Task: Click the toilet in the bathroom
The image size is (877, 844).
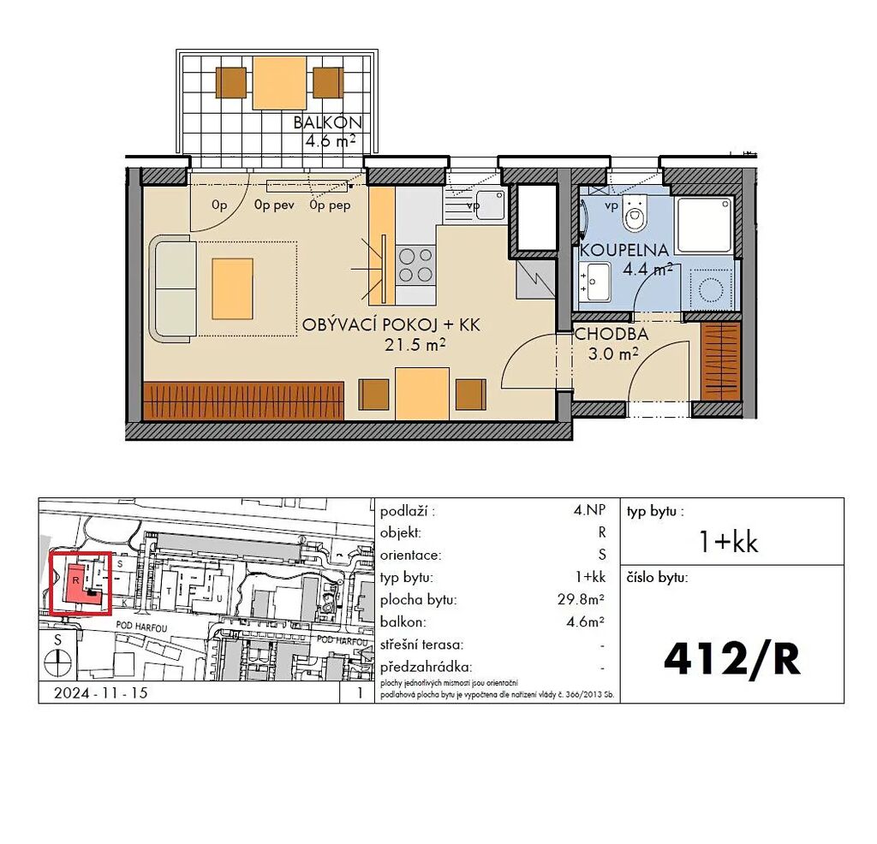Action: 635,213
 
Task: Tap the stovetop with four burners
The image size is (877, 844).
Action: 415,265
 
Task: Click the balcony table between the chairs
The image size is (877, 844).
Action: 279,83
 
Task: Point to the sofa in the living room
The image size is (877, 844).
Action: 172,288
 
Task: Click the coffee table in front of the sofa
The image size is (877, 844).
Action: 232,288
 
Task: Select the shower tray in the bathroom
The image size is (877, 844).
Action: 704,224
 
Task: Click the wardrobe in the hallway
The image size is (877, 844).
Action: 720,361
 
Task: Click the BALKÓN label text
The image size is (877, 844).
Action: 328,122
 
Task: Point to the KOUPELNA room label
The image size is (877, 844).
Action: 624,250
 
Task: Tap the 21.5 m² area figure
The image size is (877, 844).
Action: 415,345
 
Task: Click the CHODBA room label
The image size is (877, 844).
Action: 612,334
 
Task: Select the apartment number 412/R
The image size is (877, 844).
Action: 732,659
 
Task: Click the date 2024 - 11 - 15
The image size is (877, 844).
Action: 101,693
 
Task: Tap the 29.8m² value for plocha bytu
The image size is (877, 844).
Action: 581,600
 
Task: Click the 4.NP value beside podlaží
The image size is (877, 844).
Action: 589,510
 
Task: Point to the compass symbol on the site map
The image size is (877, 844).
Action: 58,663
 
